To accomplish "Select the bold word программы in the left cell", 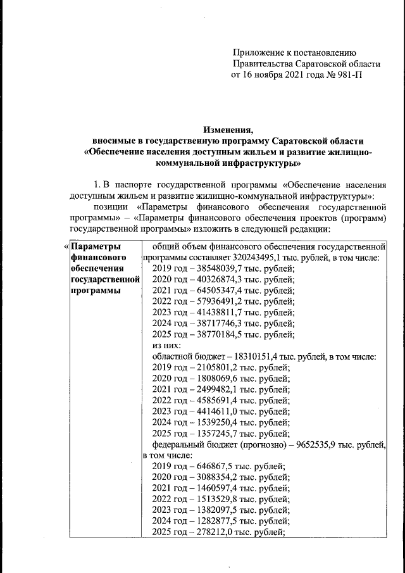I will [x=97, y=291].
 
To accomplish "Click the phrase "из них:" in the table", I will [x=167, y=345].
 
